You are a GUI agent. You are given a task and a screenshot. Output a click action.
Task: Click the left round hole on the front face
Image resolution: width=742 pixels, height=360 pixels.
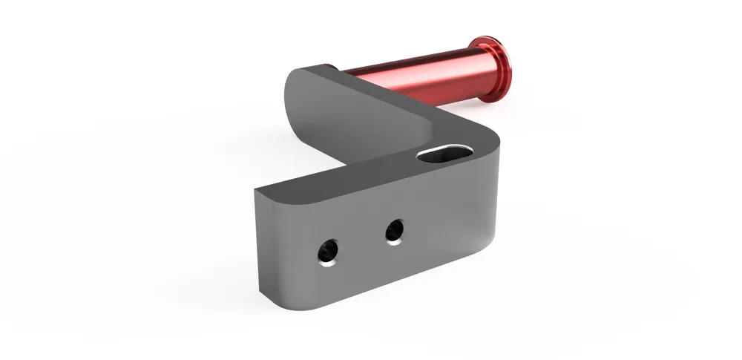[326, 251]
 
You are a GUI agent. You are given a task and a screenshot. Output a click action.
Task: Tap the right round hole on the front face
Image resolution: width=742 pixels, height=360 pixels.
[395, 231]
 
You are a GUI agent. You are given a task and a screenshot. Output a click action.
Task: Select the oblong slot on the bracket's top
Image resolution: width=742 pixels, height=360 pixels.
[445, 152]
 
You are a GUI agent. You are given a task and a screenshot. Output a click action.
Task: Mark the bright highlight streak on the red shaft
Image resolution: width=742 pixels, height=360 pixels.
[416, 68]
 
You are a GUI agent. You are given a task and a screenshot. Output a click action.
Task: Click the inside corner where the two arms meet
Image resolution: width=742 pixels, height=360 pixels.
[416, 145]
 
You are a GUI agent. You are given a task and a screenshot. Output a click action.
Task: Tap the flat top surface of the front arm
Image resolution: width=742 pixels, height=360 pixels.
[349, 178]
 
